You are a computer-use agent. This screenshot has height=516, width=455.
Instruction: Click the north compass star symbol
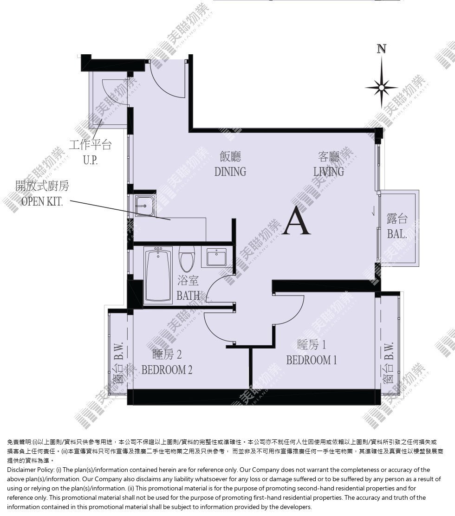[381, 88]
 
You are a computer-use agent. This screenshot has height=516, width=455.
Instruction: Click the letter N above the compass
[381, 49]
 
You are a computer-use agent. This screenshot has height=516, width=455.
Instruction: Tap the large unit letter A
[297, 220]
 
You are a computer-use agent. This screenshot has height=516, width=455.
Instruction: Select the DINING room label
[230, 171]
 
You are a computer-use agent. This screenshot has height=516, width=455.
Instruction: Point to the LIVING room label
[329, 171]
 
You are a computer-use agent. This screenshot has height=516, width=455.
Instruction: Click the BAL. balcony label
[397, 234]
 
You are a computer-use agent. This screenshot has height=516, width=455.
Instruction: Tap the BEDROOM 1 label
[312, 360]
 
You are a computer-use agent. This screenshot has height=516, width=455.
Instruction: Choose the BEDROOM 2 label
[167, 370]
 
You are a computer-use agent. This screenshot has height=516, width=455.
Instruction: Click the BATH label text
[188, 295]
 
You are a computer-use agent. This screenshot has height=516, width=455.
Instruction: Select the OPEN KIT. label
[42, 201]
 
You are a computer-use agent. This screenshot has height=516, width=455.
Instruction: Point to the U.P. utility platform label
[90, 160]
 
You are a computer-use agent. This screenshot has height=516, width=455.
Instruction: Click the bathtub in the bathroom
[158, 275]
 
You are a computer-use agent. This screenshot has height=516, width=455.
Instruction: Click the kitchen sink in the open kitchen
[144, 206]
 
